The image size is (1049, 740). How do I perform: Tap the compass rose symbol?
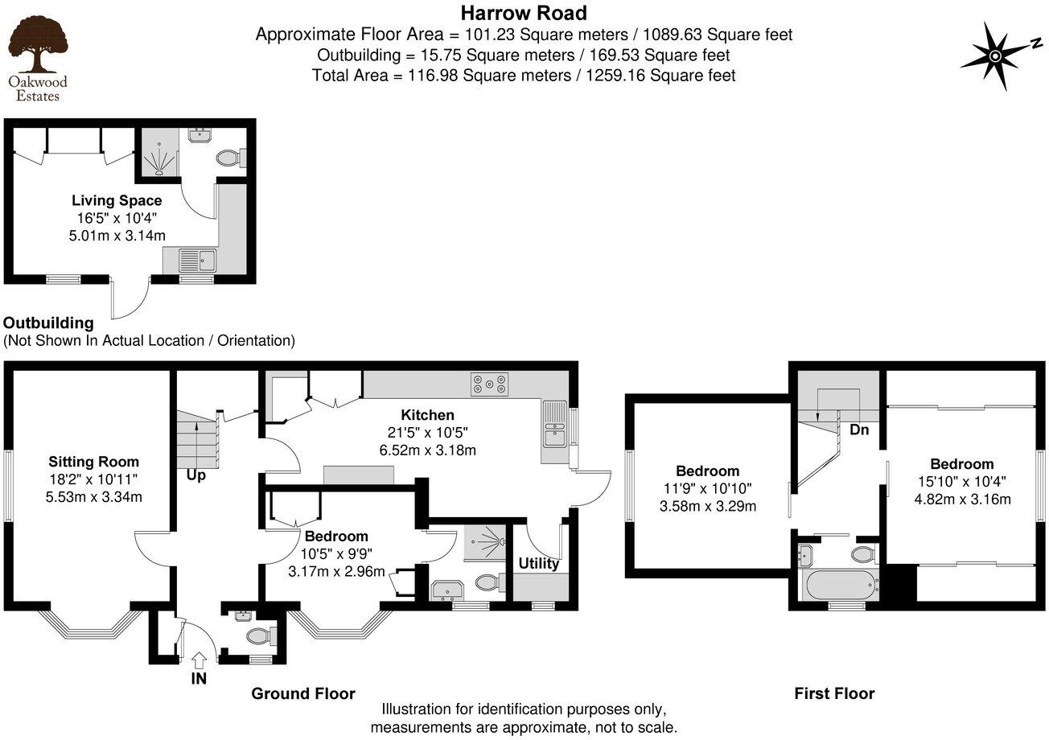click(995, 55)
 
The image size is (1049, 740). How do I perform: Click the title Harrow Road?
click(524, 13)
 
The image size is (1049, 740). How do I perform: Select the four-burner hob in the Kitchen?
click(490, 384)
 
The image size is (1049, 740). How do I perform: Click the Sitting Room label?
click(93, 462)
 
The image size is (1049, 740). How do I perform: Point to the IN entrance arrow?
click(199, 660)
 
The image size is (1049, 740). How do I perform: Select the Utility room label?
click(538, 564)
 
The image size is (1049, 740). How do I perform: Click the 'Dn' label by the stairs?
click(859, 430)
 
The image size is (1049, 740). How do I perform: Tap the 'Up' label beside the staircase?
click(196, 475)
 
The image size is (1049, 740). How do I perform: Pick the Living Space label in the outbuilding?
click(117, 200)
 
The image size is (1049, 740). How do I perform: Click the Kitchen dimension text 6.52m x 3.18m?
click(427, 450)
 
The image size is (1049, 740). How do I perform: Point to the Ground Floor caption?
click(302, 693)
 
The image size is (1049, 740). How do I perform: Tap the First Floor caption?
click(834, 693)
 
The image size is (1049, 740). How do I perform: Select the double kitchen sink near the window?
click(554, 425)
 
